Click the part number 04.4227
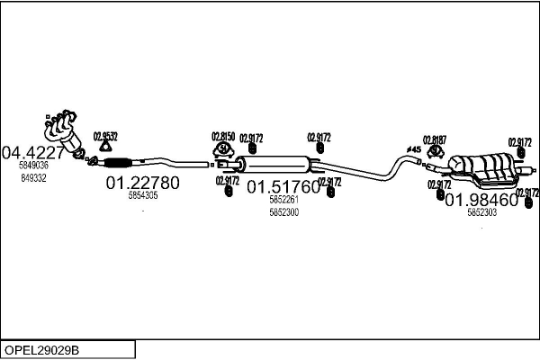coord(35,151)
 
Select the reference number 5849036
coord(34,166)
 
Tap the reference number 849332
coord(32,178)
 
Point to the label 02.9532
coord(106,136)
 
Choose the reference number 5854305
coord(143,195)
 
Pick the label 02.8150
coord(222,136)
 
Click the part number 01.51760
coord(283,187)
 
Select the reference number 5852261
coord(283,201)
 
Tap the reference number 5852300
coord(283,212)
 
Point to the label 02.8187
coord(435,139)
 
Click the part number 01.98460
coord(481,200)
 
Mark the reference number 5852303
coord(481,213)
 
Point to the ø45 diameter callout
coord(414,149)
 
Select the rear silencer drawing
coord(486,166)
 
